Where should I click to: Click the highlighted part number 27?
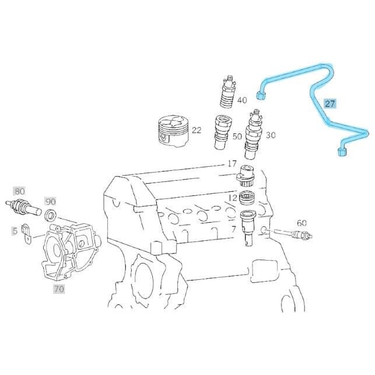tap(330, 104)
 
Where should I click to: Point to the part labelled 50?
tap(223, 132)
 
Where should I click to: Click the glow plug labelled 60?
tap(293, 233)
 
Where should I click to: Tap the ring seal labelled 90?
tap(51, 215)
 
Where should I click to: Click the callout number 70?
tap(59, 289)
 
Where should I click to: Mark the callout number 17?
tap(232, 164)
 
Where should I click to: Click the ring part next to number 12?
tap(247, 198)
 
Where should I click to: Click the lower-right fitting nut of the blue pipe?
tap(342, 152)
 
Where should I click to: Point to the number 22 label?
tap(197, 130)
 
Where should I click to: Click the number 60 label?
tap(302, 223)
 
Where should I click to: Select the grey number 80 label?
tap(19, 191)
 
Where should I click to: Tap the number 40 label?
tap(242, 100)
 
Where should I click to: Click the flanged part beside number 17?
tap(246, 175)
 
